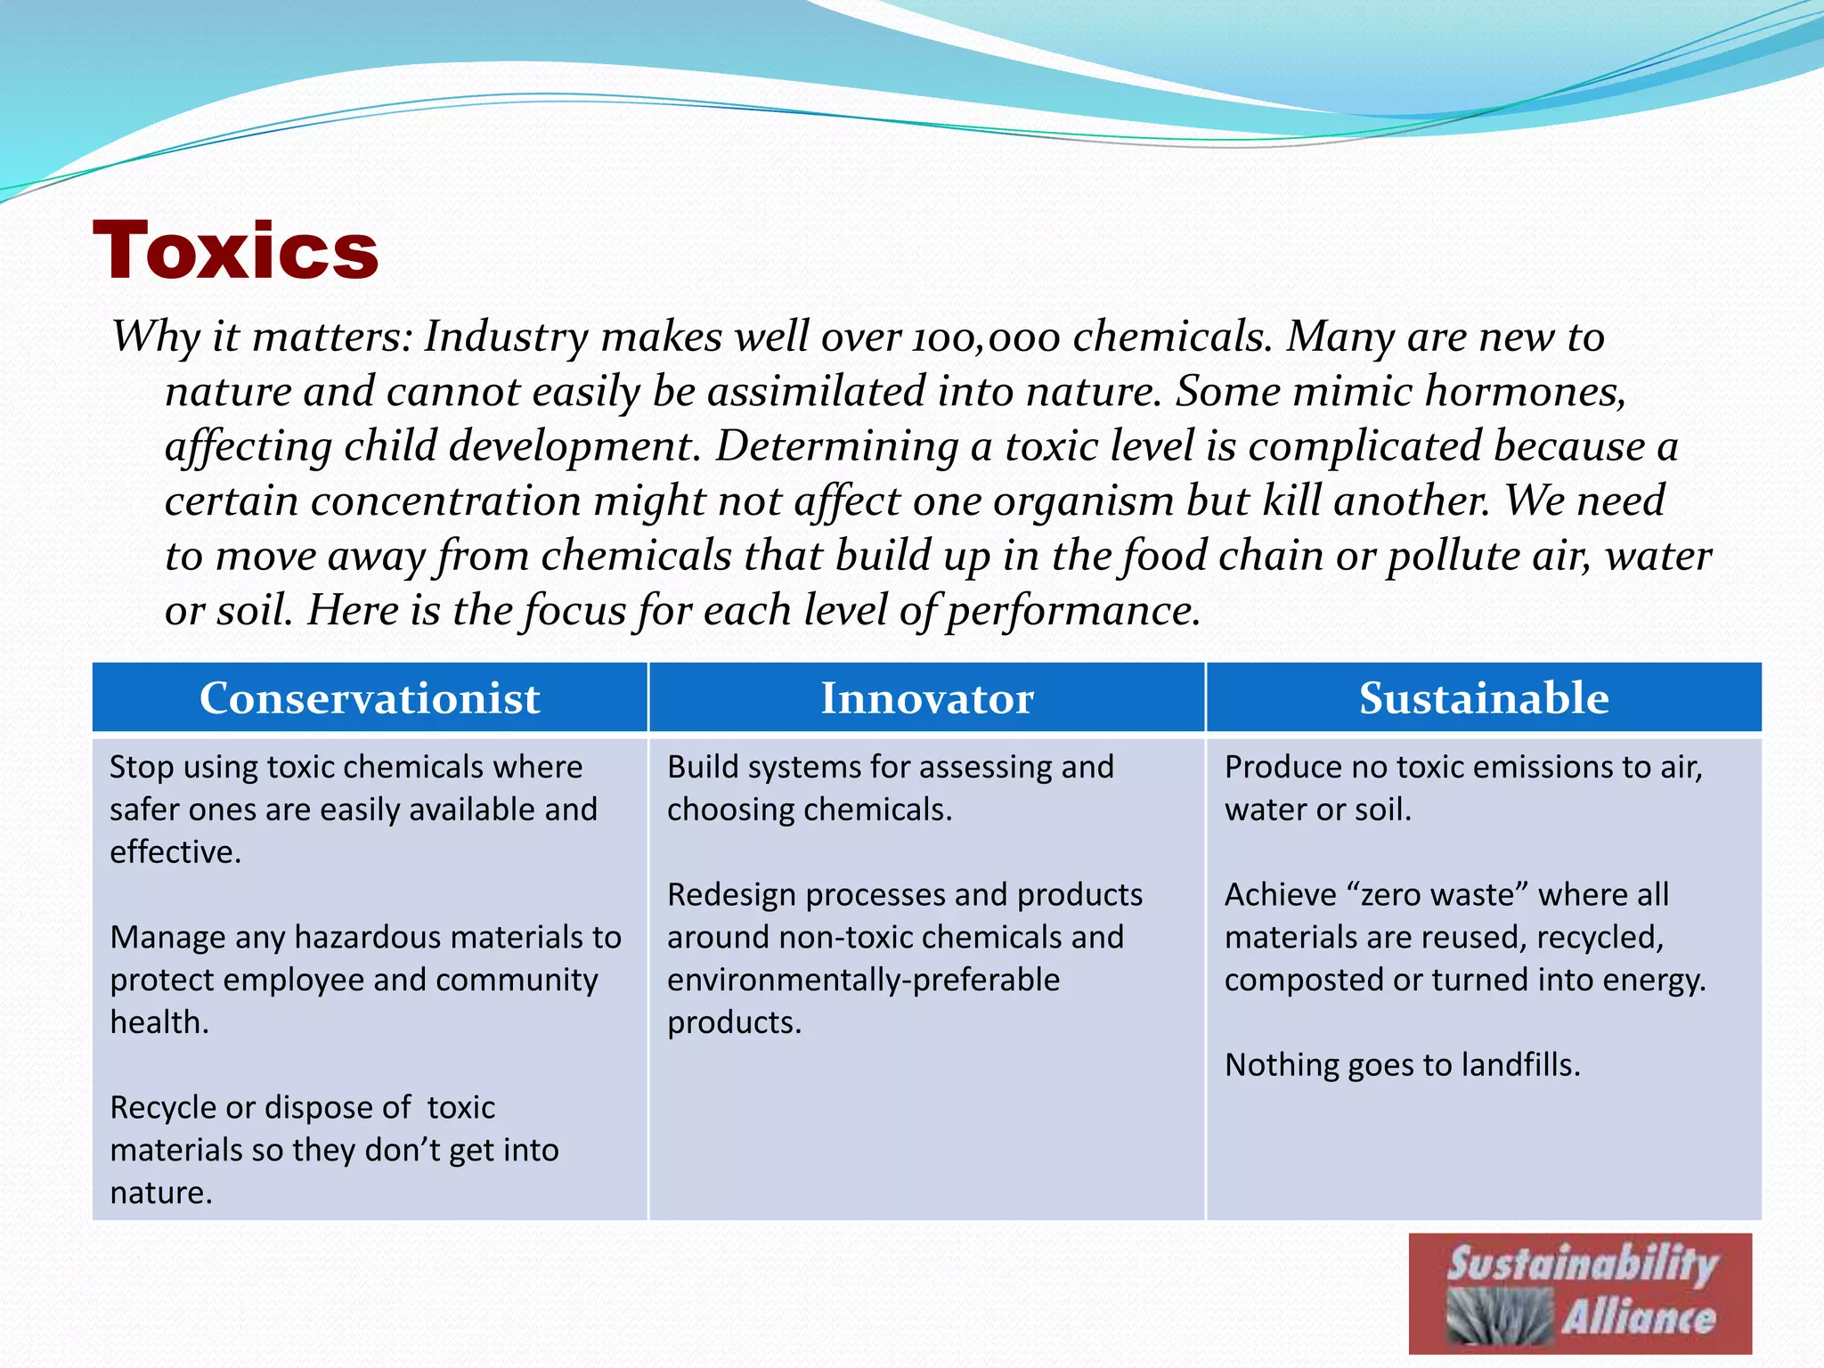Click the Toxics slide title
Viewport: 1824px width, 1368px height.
[x=236, y=250]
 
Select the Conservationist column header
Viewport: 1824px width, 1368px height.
[x=370, y=698]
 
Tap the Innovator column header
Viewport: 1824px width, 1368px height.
[x=926, y=698]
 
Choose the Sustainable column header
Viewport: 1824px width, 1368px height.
[x=1484, y=698]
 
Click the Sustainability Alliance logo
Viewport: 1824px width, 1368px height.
[x=1580, y=1293]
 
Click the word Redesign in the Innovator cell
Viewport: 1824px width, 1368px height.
[x=730, y=894]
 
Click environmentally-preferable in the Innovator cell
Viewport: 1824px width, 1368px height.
[x=863, y=980]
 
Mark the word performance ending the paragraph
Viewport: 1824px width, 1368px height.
[x=1072, y=611]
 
